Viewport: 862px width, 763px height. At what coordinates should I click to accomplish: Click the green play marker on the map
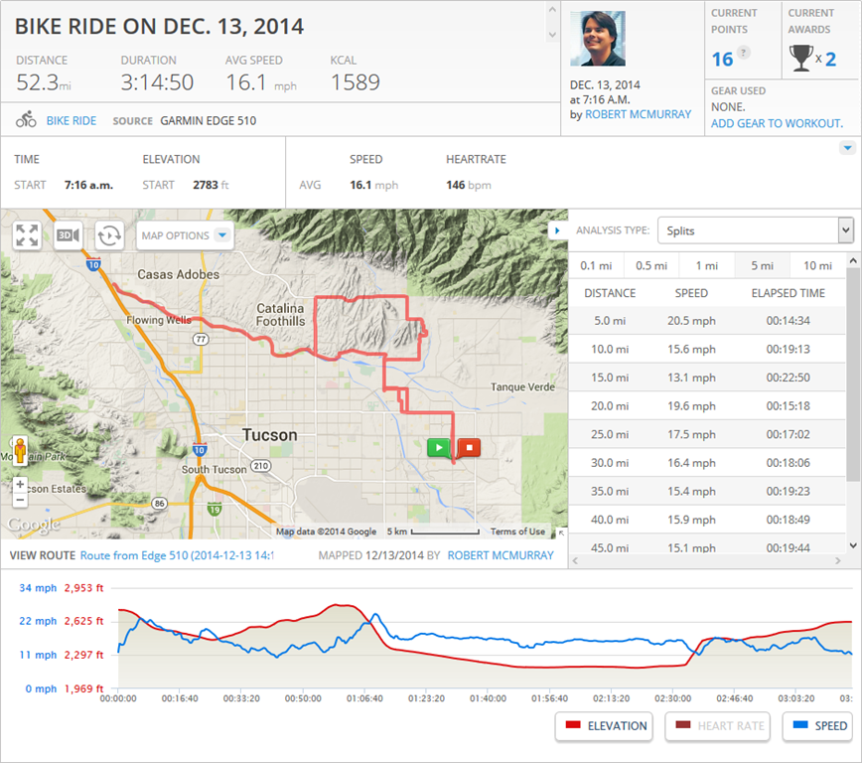(x=438, y=447)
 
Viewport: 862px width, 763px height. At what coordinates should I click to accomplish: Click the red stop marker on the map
(x=469, y=447)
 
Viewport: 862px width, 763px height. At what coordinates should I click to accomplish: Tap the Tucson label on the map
(x=269, y=435)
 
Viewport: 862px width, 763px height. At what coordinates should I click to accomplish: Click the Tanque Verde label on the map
(x=520, y=387)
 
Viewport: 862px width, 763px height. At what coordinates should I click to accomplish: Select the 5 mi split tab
(x=762, y=265)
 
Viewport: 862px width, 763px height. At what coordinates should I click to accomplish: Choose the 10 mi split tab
(x=817, y=265)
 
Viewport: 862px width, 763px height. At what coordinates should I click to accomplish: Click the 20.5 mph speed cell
(x=691, y=321)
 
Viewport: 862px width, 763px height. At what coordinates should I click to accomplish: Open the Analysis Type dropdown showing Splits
(x=755, y=230)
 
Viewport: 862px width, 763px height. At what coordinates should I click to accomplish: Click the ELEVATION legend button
(x=604, y=726)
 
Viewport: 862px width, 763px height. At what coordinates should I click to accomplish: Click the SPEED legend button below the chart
(x=817, y=726)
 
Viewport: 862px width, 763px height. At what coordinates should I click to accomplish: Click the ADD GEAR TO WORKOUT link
(x=777, y=123)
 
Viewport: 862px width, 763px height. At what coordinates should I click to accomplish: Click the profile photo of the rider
(x=598, y=39)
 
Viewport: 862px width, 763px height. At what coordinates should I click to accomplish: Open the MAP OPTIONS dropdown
(x=185, y=235)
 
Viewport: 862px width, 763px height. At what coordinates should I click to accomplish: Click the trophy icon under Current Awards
(x=800, y=59)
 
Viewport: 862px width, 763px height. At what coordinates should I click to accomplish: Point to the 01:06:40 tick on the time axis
(x=364, y=698)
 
